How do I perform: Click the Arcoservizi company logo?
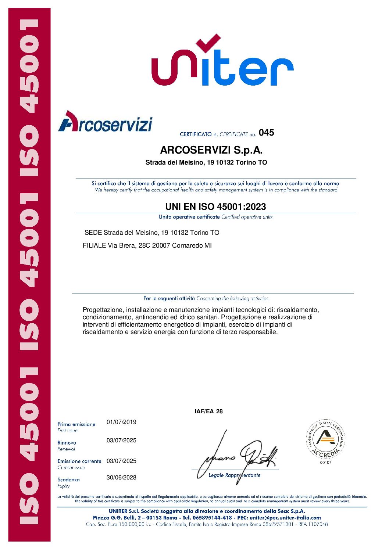tap(105, 122)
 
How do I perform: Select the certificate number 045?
tap(266, 133)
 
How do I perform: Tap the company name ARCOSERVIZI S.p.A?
tap(211, 150)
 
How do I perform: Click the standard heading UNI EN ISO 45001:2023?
tap(215, 206)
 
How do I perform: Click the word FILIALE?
tap(94, 245)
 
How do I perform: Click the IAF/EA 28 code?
tap(208, 411)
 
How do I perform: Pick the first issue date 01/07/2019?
tap(121, 422)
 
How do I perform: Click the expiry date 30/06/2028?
tap(121, 477)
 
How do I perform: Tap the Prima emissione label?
tap(76, 424)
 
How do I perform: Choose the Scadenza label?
tap(68, 479)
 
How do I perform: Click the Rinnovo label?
tap(67, 443)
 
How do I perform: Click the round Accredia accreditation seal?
tap(325, 439)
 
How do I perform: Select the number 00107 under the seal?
tap(325, 462)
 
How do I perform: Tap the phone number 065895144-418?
tap(212, 518)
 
